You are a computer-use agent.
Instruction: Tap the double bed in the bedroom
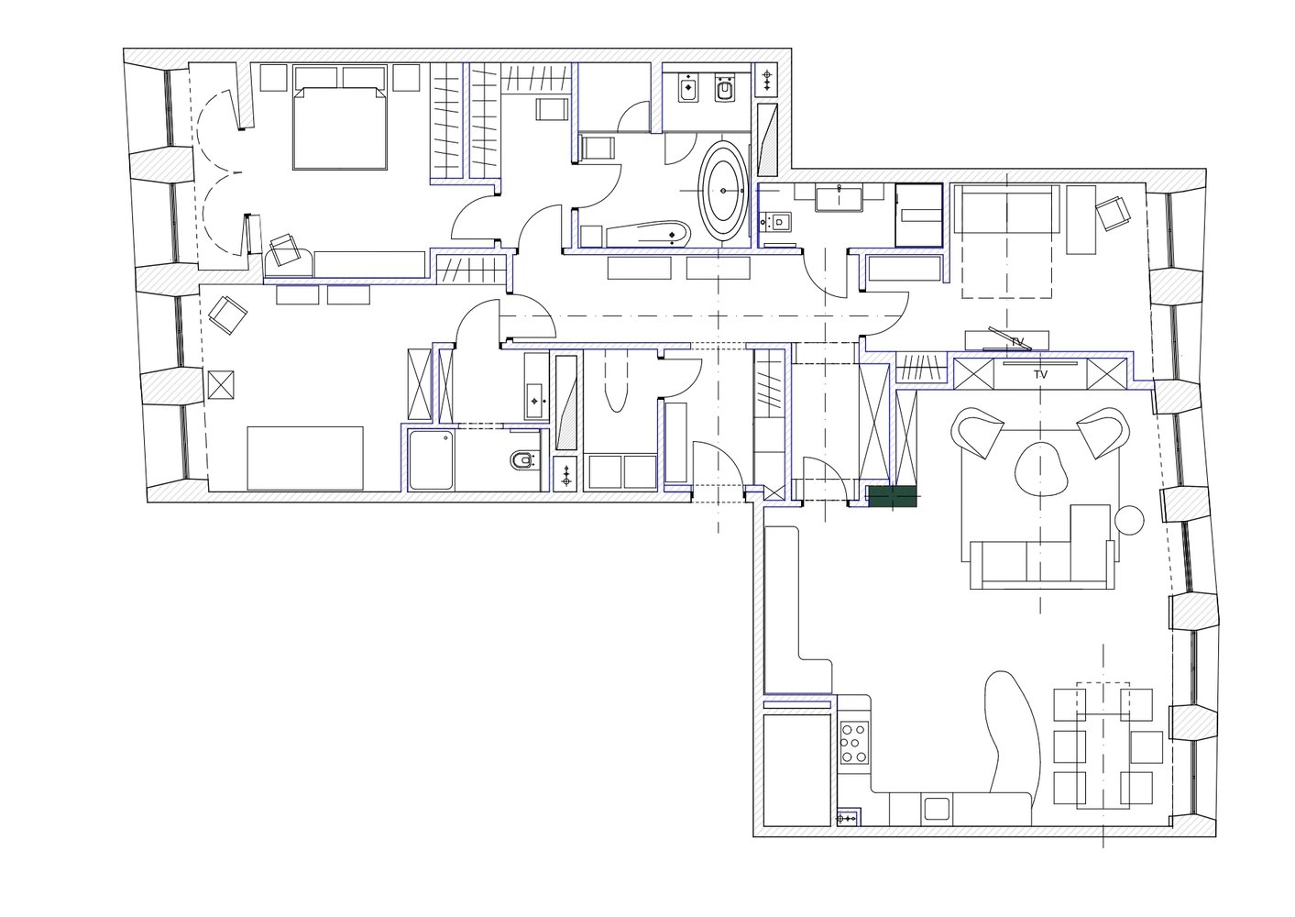coord(340,128)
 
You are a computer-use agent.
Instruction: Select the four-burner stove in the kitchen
coord(854,742)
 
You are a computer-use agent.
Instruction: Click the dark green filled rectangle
coord(893,496)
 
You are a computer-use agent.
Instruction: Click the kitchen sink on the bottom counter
coord(937,808)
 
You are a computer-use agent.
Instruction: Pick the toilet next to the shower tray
coord(523,460)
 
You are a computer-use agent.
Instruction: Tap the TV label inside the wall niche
coord(1040,375)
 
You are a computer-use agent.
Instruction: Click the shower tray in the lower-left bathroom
coord(432,460)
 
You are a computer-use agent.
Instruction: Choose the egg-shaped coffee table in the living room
coord(1040,470)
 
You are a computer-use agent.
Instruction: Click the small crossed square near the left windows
coord(221,385)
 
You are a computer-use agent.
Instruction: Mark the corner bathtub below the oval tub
coord(647,234)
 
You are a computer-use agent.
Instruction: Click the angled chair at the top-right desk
coord(1113,213)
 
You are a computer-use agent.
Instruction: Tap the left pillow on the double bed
coord(315,77)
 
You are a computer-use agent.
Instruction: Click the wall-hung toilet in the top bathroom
coord(724,90)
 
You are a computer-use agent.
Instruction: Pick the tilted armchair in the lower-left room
coord(227,315)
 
